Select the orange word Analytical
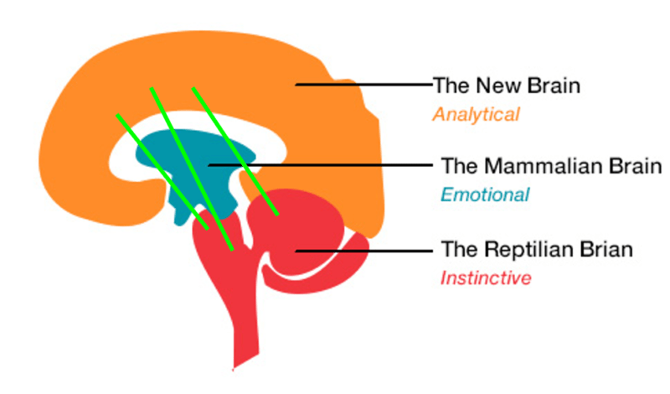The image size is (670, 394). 476,115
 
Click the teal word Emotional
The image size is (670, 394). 485,195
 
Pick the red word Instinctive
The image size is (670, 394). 486,278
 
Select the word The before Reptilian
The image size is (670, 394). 457,249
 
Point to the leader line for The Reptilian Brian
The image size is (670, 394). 368,250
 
